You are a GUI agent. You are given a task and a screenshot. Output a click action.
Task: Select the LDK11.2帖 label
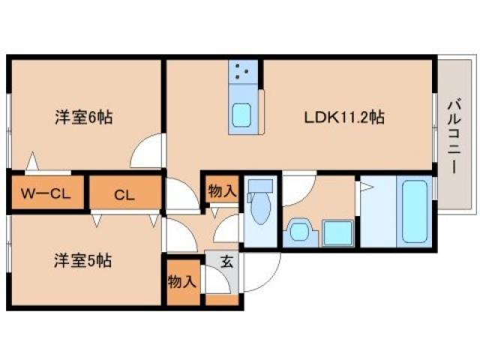pos(344,118)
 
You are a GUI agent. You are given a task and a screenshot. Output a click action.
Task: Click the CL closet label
pos(124,195)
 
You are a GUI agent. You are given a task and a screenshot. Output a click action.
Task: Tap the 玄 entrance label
pos(226,262)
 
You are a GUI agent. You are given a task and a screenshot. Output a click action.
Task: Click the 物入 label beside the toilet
pos(222,190)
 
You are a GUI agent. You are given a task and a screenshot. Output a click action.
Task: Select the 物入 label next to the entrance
pos(181,281)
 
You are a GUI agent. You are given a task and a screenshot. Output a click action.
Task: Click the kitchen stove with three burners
pos(241,72)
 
